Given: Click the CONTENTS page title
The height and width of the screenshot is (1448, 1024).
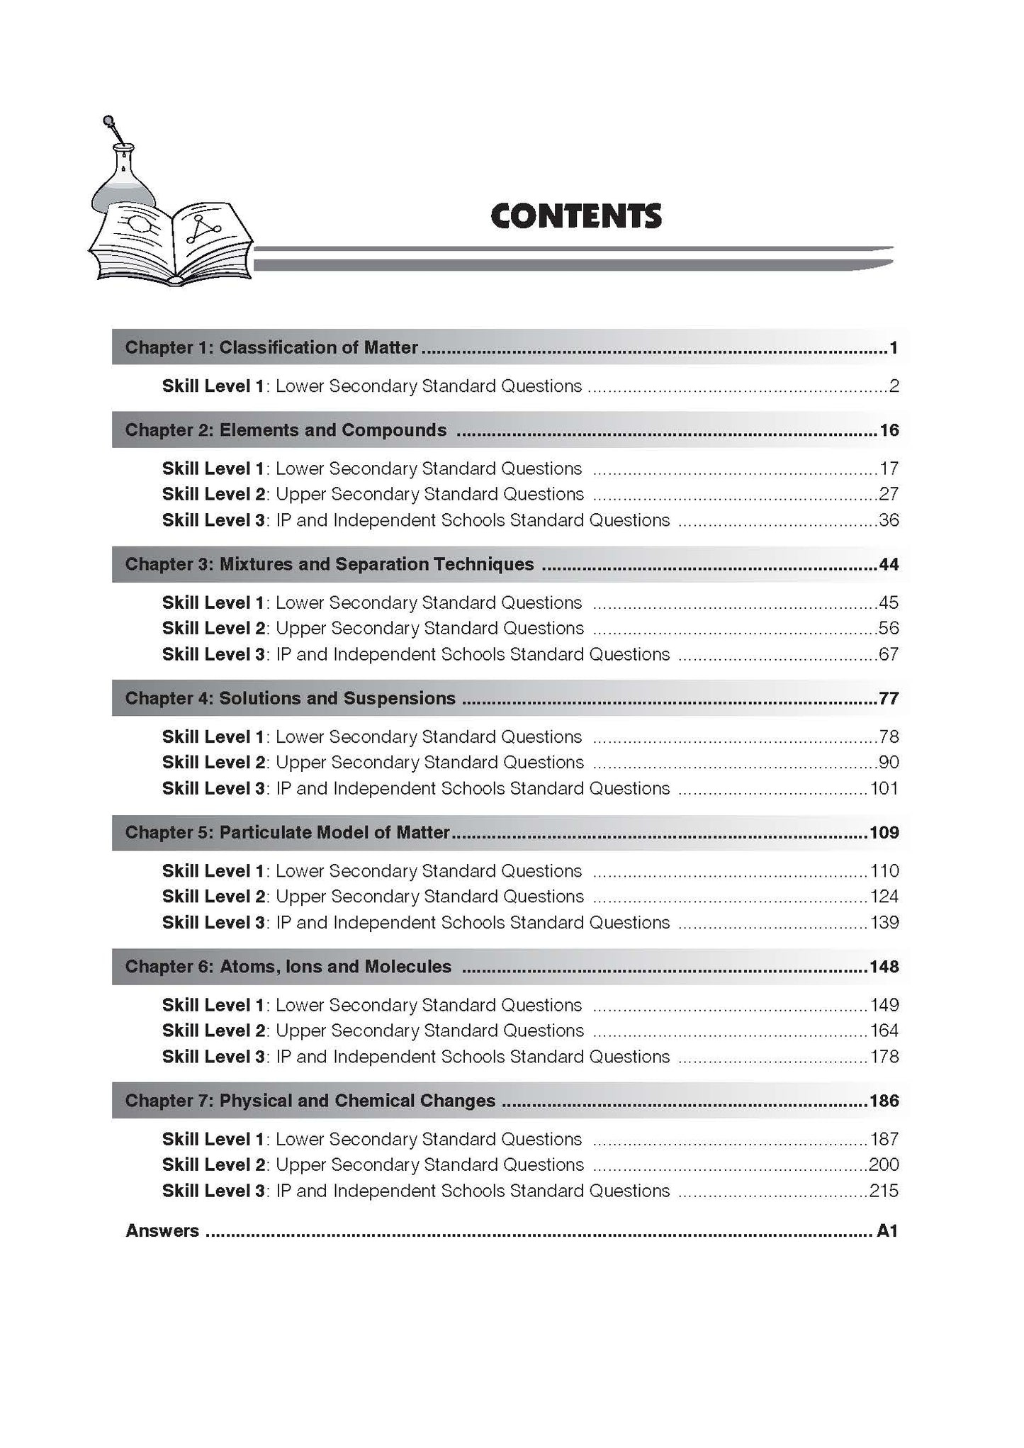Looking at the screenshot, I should coord(576,216).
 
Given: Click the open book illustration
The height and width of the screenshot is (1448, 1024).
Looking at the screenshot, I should coord(170,245).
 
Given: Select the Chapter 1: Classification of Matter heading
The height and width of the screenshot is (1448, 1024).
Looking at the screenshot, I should coord(271,347).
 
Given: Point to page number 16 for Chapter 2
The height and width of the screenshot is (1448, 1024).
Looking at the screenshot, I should coord(889,430).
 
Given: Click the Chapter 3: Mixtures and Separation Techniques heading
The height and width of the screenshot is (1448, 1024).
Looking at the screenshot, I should coord(330,564).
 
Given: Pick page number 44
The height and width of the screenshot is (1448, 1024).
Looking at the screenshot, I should coord(889,564).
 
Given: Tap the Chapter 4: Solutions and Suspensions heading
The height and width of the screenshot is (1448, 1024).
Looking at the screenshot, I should coord(290,698).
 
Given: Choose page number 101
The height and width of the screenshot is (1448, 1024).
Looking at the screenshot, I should coord(884,788).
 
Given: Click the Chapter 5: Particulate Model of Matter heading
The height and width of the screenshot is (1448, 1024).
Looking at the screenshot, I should coord(287,832).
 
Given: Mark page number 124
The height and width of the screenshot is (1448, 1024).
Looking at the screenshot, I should coord(884,897).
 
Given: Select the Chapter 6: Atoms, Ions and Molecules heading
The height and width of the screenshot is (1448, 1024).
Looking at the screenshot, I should coord(288,967).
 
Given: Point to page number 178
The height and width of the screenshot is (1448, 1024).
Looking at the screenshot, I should coord(884,1057).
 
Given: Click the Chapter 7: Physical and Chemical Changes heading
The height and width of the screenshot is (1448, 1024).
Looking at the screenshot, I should coord(310,1101).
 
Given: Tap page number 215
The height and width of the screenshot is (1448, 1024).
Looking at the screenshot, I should coord(884,1191).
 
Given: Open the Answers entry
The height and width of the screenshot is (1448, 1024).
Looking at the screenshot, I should coord(162,1231).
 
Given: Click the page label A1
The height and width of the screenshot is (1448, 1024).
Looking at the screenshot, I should coord(887,1231).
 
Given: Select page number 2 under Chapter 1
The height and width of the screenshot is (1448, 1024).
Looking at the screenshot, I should coord(894,386).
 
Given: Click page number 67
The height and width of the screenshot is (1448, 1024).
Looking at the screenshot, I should coord(889,654).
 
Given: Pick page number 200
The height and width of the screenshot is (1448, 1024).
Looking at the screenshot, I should coord(884,1164).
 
